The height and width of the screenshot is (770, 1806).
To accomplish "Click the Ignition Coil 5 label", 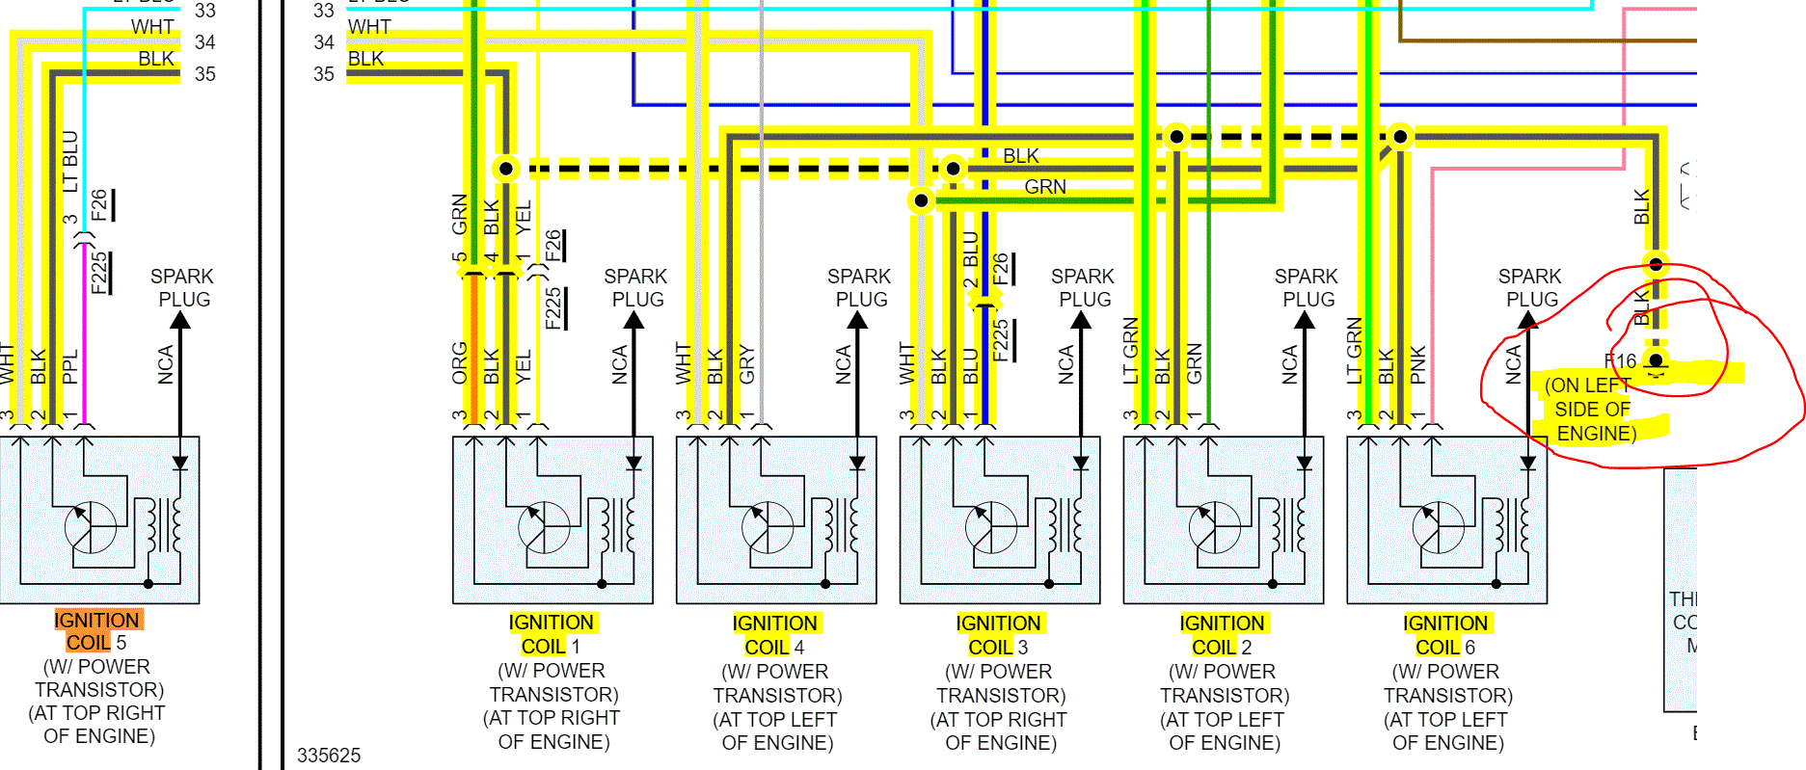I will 97,631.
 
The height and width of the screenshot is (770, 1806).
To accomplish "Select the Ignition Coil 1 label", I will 552,634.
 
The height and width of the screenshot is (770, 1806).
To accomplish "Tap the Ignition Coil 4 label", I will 775,635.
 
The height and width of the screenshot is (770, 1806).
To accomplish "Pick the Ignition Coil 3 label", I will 999,635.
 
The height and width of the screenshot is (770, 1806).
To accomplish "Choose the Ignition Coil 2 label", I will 1223,635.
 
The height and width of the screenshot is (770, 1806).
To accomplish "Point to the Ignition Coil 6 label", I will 1445,635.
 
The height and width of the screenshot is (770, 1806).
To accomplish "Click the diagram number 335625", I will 329,756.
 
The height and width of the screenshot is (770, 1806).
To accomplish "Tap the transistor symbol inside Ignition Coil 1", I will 543,527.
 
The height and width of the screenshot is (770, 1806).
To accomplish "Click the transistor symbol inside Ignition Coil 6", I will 1437,527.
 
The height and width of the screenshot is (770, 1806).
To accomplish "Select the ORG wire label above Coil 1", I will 460,362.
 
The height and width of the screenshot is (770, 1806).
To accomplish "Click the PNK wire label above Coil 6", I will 1417,365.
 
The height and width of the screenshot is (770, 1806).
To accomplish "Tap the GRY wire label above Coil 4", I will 746,365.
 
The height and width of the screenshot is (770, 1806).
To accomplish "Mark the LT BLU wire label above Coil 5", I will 69,162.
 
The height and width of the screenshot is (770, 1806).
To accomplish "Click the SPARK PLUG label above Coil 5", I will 182,287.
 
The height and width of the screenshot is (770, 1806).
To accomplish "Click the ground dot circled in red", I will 1656,361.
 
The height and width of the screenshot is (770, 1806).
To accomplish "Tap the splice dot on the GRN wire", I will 921,200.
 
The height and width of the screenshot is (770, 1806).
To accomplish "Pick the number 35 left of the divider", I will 204,74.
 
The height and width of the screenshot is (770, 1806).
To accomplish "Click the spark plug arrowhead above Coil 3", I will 1081,321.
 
